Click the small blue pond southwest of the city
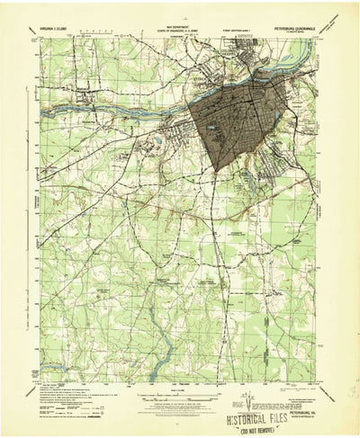pos(158,142)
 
